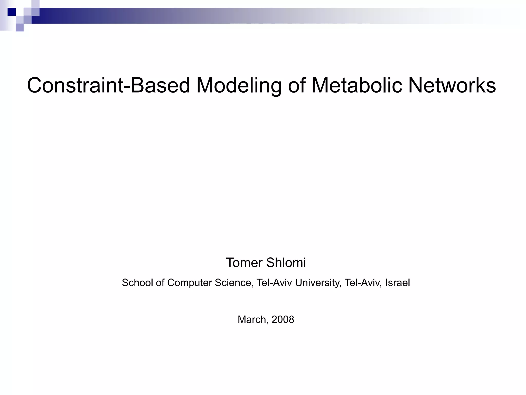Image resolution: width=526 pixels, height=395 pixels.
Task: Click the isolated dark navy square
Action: pyautogui.click(x=12, y=12)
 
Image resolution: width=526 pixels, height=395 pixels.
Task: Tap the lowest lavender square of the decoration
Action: pyautogui.click(x=20, y=27)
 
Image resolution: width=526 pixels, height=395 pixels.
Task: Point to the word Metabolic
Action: pyautogui.click(x=357, y=85)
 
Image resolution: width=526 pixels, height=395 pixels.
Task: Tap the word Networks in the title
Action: pyautogui.click(x=452, y=85)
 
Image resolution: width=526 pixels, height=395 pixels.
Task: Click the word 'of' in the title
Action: pyautogui.click(x=297, y=85)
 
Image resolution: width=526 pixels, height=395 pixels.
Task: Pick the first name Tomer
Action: pyautogui.click(x=244, y=263)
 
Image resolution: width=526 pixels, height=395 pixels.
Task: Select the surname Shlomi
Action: pyautogui.click(x=286, y=263)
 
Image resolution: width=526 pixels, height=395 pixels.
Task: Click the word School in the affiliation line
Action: pyautogui.click(x=137, y=283)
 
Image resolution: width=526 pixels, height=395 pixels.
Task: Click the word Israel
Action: pyautogui.click(x=398, y=283)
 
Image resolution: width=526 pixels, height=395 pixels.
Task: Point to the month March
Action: pyautogui.click(x=253, y=319)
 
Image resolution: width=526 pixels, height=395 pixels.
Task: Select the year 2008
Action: pyautogui.click(x=283, y=319)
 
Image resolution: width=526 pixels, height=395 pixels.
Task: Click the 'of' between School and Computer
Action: pyautogui.click(x=160, y=283)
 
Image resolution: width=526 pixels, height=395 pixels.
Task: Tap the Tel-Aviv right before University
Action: pyautogui.click(x=275, y=283)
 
